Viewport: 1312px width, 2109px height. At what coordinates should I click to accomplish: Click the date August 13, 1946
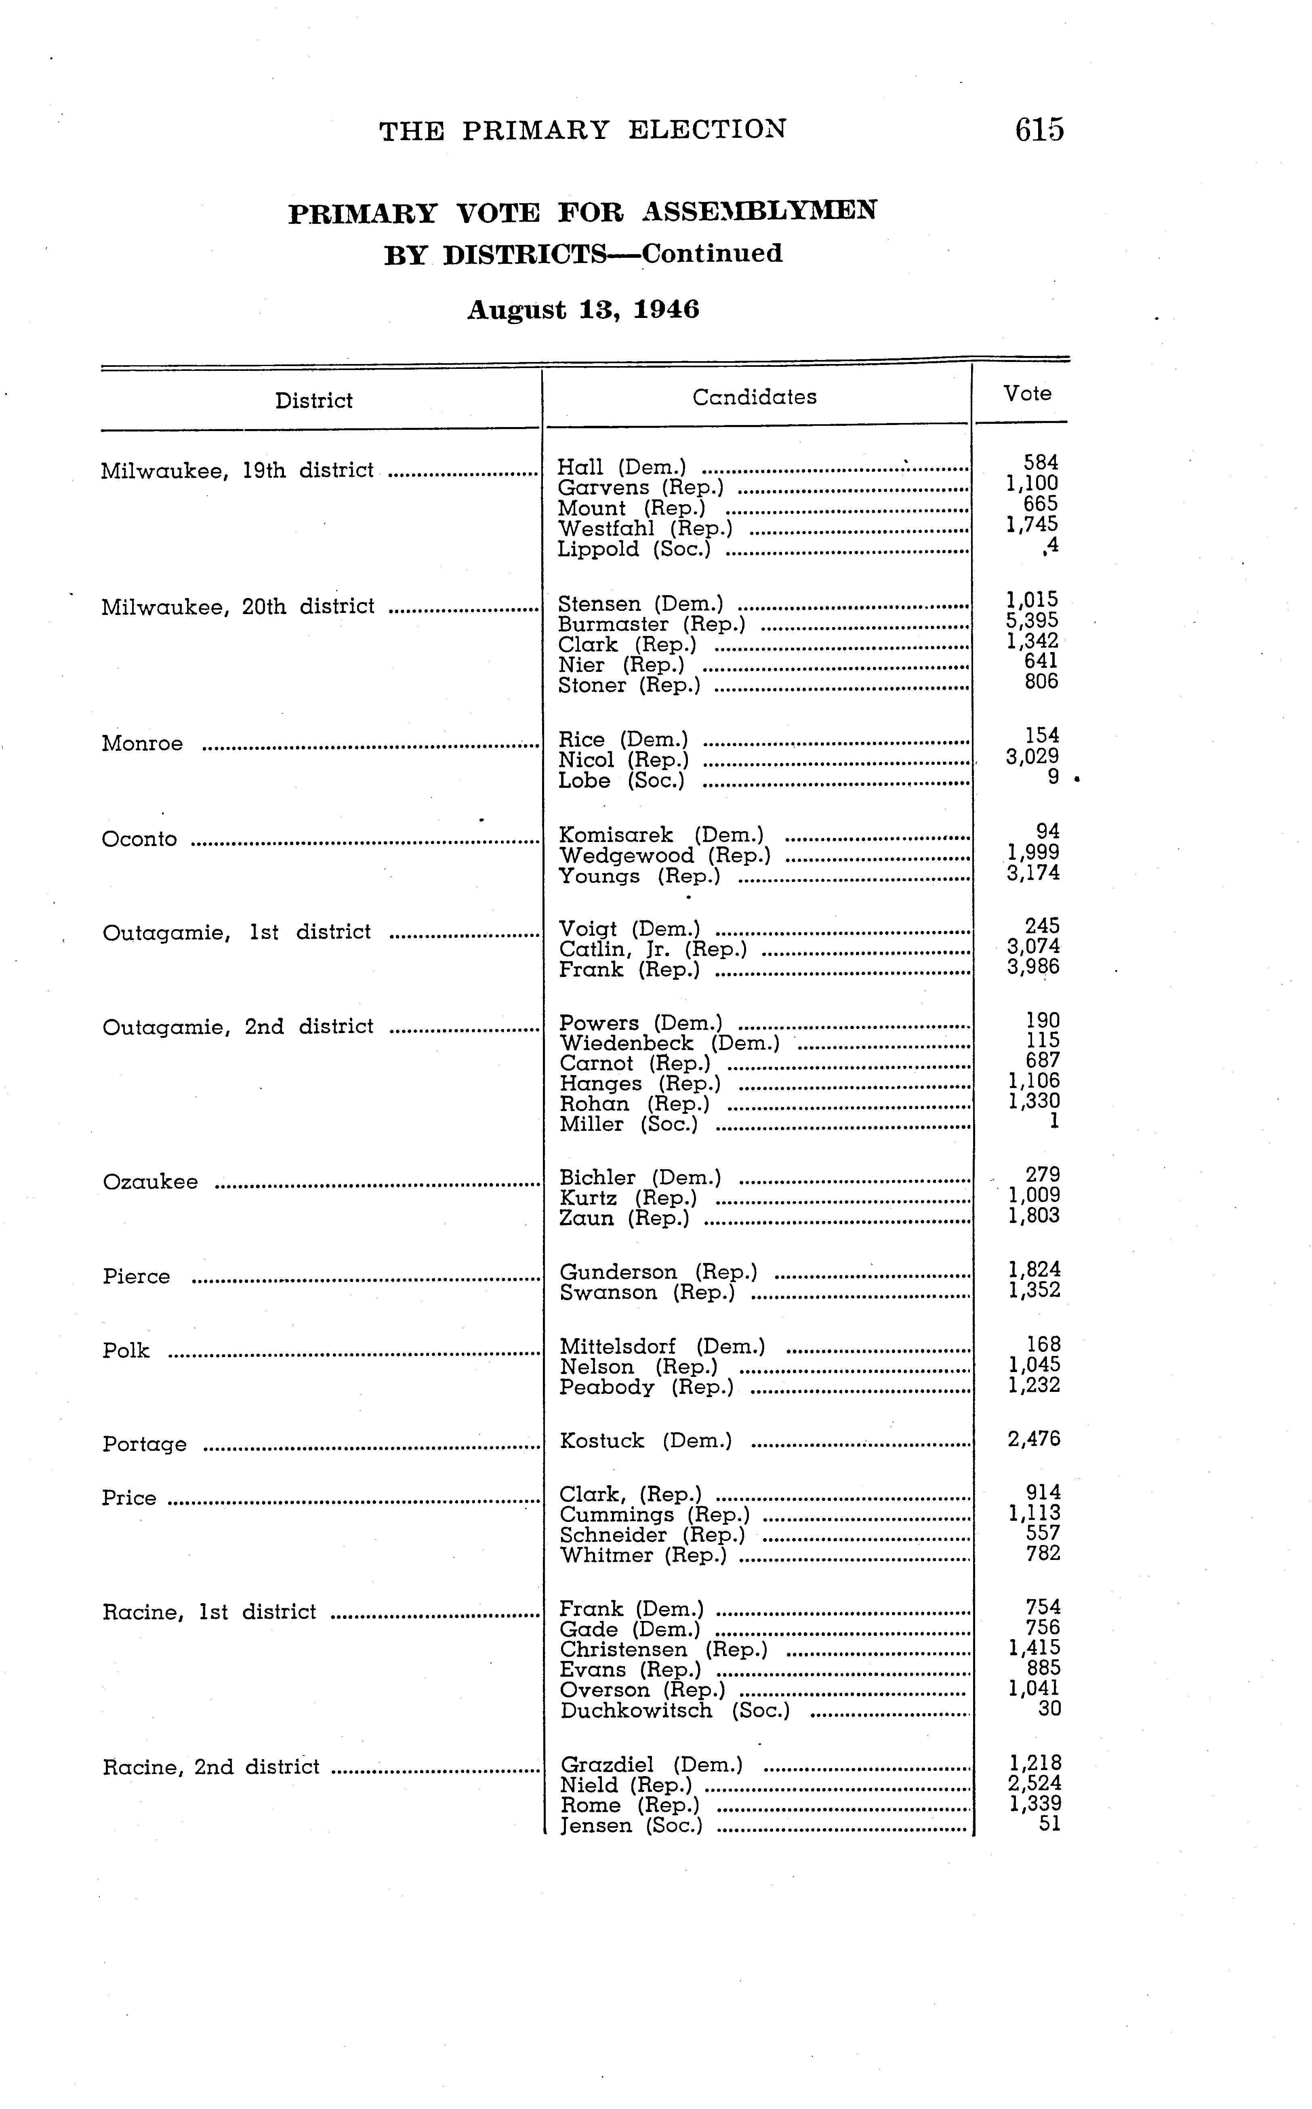click(583, 310)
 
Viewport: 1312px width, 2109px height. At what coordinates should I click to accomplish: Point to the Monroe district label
click(142, 744)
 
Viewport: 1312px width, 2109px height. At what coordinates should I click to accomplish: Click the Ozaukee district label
click(150, 1182)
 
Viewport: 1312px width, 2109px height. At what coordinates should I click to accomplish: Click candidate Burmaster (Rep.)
click(651, 624)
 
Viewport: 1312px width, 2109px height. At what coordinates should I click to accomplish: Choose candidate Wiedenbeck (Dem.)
click(669, 1043)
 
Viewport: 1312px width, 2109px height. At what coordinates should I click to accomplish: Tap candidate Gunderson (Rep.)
click(658, 1272)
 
